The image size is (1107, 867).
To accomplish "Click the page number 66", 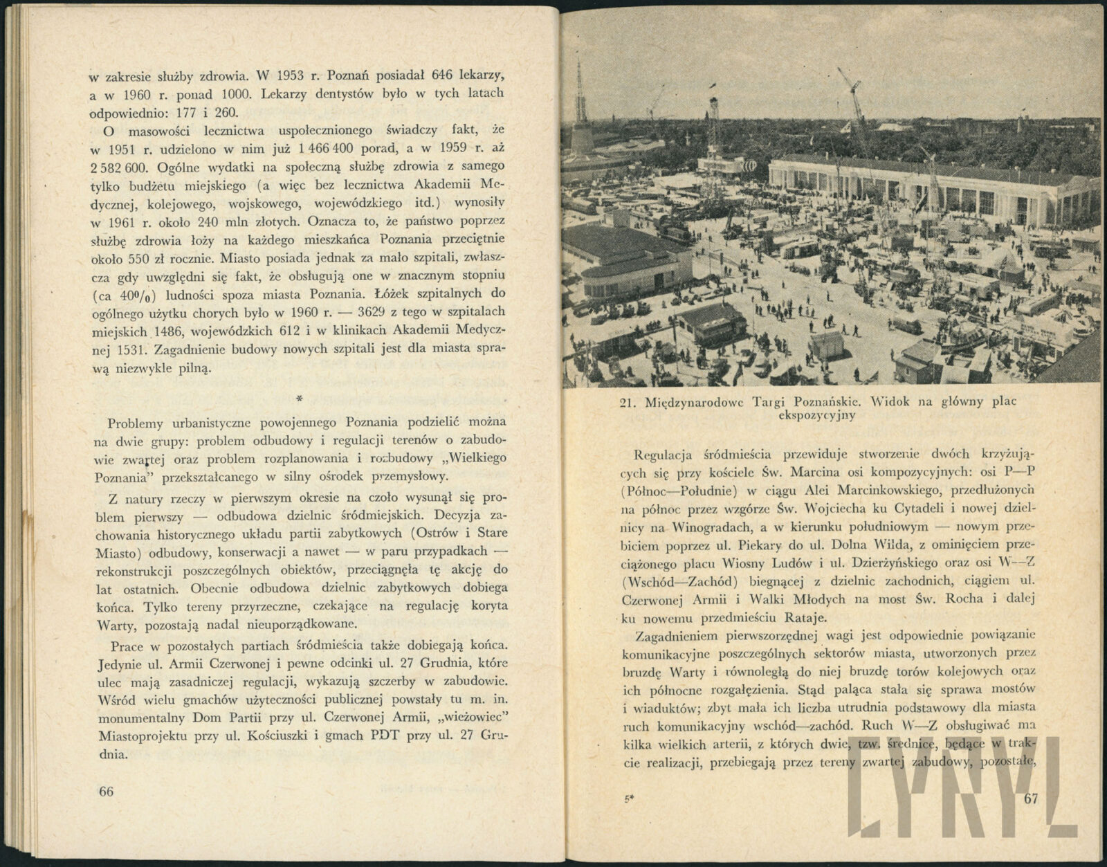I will (x=106, y=793).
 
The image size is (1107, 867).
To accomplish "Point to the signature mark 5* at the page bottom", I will (x=630, y=798).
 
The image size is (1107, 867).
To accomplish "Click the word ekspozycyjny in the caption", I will (x=817, y=415).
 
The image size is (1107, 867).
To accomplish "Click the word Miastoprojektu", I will (x=136, y=736).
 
